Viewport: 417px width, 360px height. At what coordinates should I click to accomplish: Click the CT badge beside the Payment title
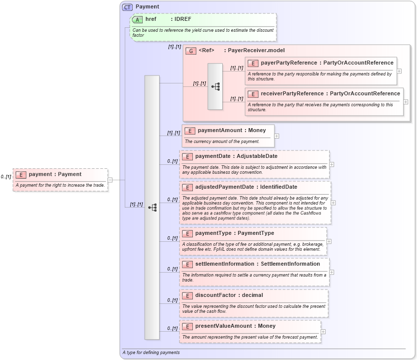pyautogui.click(x=127, y=7)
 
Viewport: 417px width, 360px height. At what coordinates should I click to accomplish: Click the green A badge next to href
pyautogui.click(x=137, y=19)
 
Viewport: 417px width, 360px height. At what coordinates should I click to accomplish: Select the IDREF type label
pyautogui.click(x=182, y=19)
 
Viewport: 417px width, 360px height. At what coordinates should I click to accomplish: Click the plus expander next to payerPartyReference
pyautogui.click(x=399, y=71)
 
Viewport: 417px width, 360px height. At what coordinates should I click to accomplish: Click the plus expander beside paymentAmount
pyautogui.click(x=277, y=136)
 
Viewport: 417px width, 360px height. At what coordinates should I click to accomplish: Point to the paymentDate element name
pyautogui.click(x=214, y=156)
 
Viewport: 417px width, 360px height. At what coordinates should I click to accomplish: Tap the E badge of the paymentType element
pyautogui.click(x=187, y=233)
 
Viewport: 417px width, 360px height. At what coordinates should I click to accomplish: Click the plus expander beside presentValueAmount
pyautogui.click(x=323, y=332)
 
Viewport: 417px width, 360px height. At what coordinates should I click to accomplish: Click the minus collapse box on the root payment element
pyautogui.click(x=110, y=180)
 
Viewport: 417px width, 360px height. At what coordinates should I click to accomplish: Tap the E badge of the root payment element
pyautogui.click(x=21, y=175)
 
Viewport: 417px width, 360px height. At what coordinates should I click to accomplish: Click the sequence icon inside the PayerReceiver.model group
pyautogui.click(x=215, y=86)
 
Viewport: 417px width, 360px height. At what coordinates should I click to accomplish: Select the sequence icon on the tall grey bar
pyautogui.click(x=152, y=207)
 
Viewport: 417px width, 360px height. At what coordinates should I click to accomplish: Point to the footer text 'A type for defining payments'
pyautogui.click(x=151, y=353)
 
